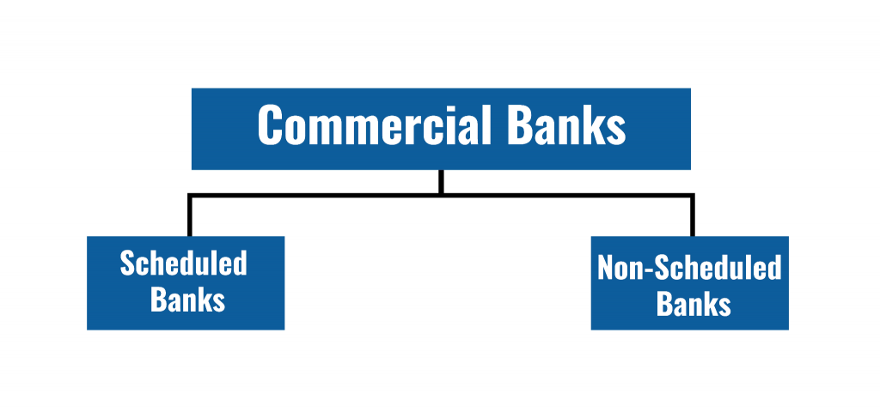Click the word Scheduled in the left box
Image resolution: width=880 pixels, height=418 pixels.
point(183,263)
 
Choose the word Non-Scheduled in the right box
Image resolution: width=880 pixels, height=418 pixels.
point(689,268)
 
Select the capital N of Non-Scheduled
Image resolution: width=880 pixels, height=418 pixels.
point(606,268)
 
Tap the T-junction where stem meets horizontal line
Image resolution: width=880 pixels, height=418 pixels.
point(441,197)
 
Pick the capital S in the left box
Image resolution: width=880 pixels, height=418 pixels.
point(128,263)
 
